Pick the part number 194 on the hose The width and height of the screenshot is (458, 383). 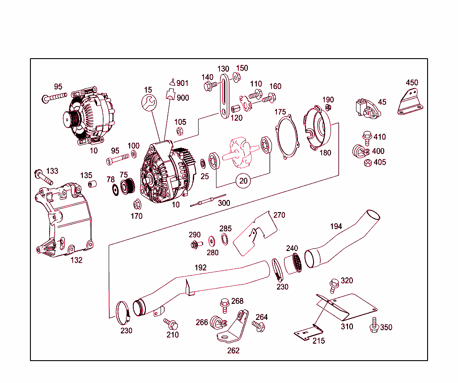pyautogui.click(x=336, y=226)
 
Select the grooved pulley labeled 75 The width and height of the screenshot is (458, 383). pyautogui.click(x=127, y=186)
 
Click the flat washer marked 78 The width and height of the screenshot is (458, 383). pyautogui.click(x=114, y=189)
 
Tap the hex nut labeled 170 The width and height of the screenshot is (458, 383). pyautogui.click(x=137, y=205)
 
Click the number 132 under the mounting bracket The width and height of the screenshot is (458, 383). pyautogui.click(x=76, y=260)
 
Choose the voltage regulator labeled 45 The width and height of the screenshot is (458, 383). pyautogui.click(x=366, y=109)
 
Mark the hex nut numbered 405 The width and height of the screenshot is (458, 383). pyautogui.click(x=368, y=163)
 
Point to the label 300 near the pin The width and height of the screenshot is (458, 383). pyautogui.click(x=224, y=203)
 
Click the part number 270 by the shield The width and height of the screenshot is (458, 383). pyautogui.click(x=279, y=215)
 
